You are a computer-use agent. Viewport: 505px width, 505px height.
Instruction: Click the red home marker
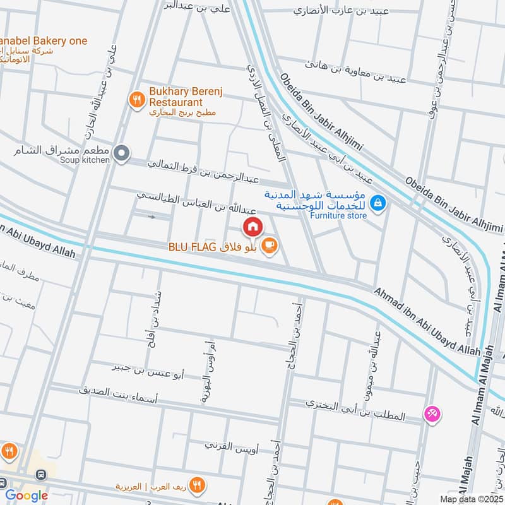coord(252,225)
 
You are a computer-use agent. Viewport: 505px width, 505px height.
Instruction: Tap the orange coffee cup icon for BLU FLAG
coord(269,246)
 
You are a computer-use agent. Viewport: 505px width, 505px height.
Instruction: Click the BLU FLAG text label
coord(187,247)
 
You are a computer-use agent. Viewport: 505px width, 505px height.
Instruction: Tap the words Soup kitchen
coord(85,160)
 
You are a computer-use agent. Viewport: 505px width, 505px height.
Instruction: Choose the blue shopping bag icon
coord(378,203)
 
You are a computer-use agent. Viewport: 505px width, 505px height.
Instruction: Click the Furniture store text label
coord(338,215)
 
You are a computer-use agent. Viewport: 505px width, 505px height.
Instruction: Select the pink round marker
coord(433,414)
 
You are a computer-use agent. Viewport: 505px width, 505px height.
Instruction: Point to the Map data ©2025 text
coord(471,498)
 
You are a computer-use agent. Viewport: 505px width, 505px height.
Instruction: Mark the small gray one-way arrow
coord(151,217)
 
